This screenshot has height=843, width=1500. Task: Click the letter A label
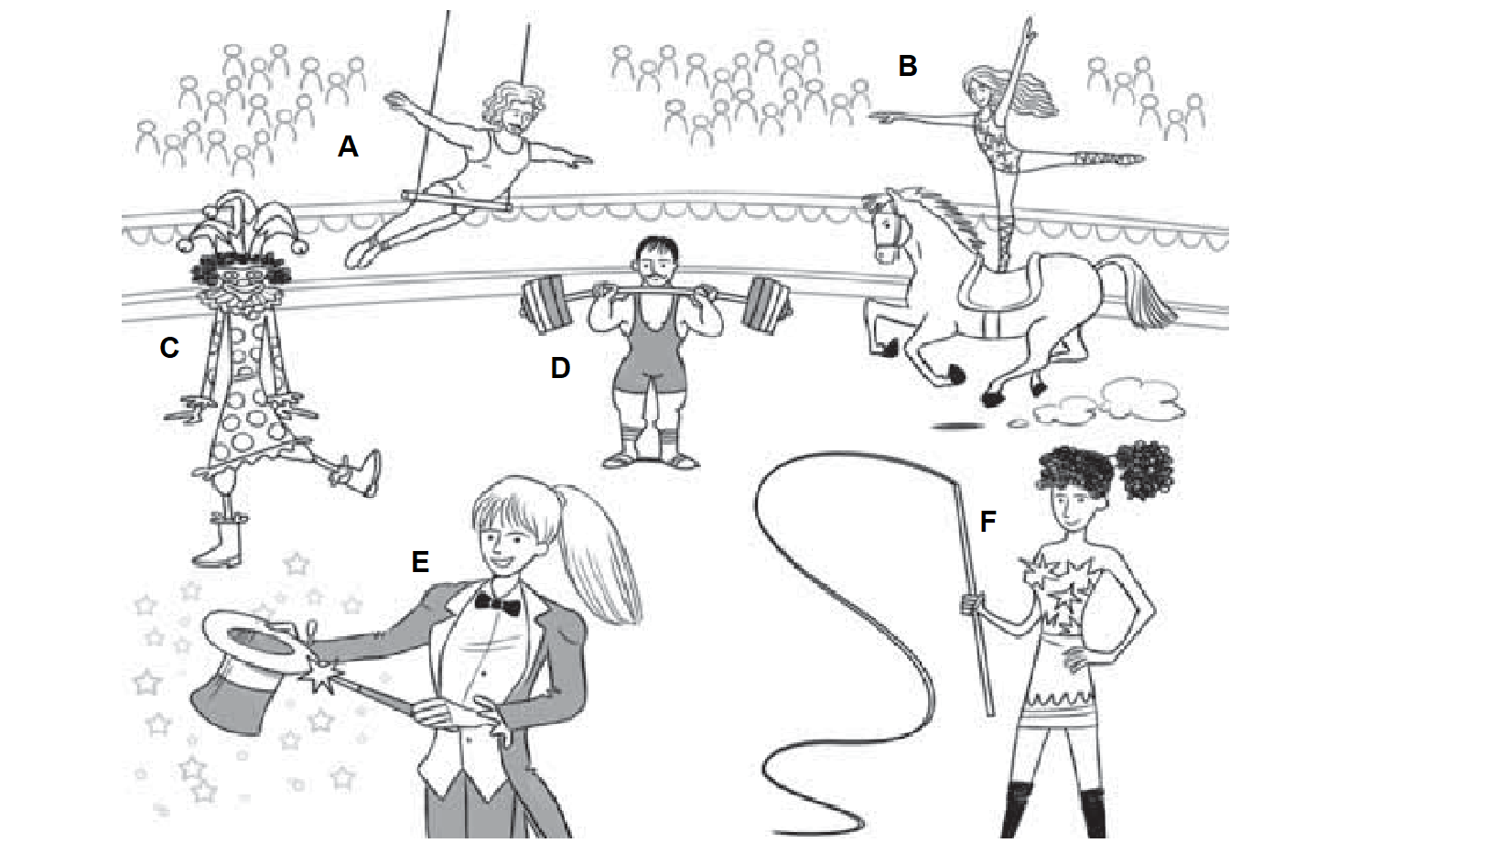[348, 146]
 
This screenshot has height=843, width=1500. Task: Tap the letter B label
[907, 66]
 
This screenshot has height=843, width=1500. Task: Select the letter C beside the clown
[169, 348]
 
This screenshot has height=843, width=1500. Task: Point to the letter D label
[560, 368]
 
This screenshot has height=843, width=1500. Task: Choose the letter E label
[420, 562]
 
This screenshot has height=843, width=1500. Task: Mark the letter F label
[987, 522]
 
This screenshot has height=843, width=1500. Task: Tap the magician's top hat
[248, 670]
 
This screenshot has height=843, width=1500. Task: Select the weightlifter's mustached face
[657, 263]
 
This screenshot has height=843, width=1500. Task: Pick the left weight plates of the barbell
[545, 305]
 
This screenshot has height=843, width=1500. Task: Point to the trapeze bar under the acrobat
[456, 200]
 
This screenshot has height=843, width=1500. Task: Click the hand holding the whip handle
[972, 604]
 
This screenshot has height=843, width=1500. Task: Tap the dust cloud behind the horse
[1105, 403]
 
